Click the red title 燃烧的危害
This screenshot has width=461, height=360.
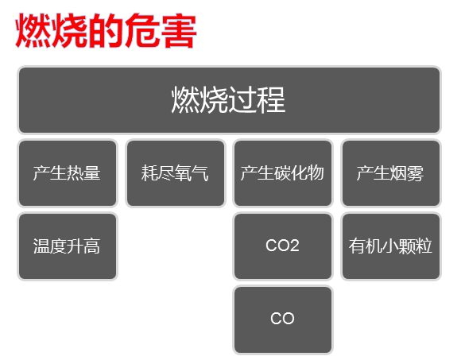pos(106,30)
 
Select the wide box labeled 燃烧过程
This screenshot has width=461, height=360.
pos(230,100)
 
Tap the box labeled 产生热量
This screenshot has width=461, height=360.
pos(68,173)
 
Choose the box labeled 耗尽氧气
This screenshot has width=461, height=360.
pos(176,173)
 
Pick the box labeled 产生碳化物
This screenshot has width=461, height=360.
pos(283,173)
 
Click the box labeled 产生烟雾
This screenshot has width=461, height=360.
pos(391,173)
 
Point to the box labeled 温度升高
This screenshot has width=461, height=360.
pos(68,246)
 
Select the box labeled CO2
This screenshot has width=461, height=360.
pos(283,246)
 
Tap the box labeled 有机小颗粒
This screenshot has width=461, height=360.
pos(391,246)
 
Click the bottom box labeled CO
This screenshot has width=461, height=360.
pos(283,319)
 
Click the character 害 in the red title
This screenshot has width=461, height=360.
pos(179,31)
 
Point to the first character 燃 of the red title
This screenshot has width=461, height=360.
pos(33,30)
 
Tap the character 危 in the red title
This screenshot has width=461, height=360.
pos(142,30)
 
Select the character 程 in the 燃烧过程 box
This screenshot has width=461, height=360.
pos(271,100)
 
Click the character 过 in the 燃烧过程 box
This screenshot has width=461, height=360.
pos(242,100)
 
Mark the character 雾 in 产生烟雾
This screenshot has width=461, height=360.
pos(415,172)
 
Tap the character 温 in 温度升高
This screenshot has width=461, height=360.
pos(41,246)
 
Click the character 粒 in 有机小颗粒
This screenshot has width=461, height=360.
pos(424,246)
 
